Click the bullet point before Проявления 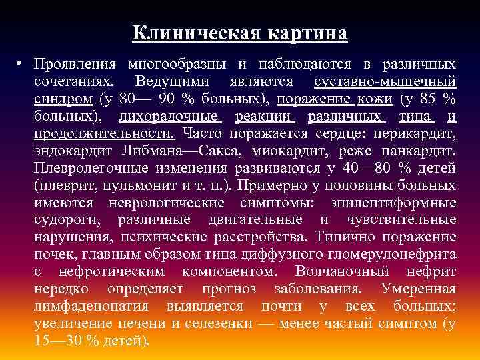(21, 65)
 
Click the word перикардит (419, 133)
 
